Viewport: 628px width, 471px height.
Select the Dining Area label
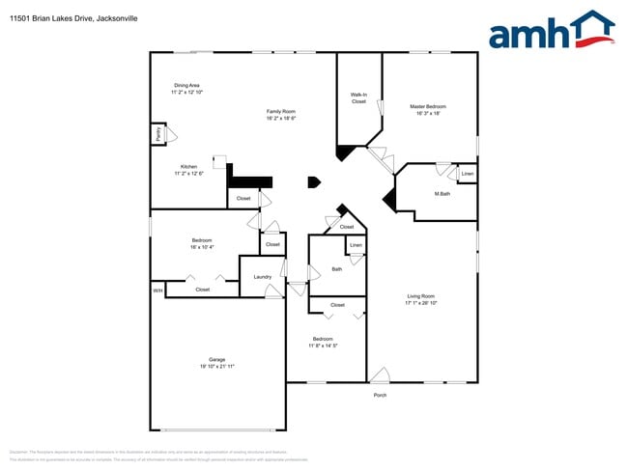(186, 85)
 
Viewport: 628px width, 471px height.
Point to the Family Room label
(280, 111)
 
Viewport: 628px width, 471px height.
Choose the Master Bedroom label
(427, 106)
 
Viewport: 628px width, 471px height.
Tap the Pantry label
(157, 135)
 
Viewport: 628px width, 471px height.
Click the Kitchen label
(188, 166)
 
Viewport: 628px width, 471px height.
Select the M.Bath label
(442, 194)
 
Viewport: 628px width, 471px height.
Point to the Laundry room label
(262, 277)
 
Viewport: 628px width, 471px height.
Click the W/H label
(157, 290)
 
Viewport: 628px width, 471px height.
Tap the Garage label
(217, 359)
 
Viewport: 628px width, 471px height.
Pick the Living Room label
(420, 296)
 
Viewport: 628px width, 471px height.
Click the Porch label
(380, 395)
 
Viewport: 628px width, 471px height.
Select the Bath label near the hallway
(336, 269)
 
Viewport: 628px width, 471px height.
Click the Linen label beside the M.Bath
(467, 175)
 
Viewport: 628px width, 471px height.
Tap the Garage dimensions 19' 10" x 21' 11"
(217, 367)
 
